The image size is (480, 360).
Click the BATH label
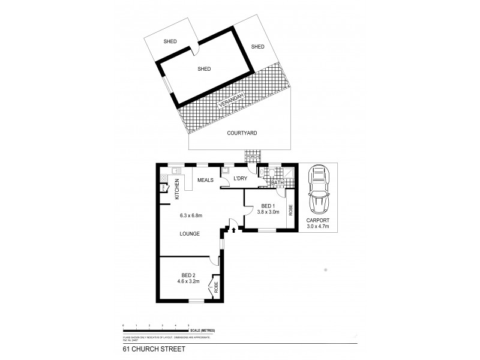tap(277, 182)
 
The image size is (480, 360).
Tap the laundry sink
tap(226, 170)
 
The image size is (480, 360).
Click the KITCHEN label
tap(177, 189)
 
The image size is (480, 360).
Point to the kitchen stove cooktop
tap(164, 178)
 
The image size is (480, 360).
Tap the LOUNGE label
tap(190, 233)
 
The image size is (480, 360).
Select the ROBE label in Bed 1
tap(291, 210)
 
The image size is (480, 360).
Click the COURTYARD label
tap(242, 133)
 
